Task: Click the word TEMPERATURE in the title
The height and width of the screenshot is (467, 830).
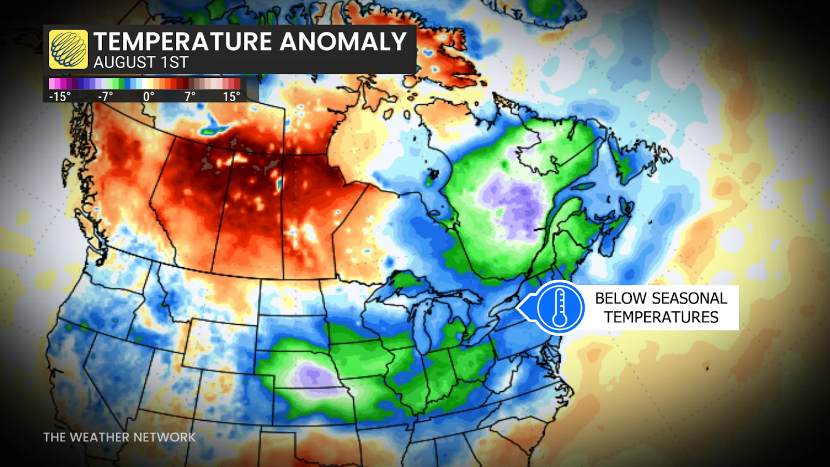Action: [183, 42]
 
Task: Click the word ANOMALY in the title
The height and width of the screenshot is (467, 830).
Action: [343, 42]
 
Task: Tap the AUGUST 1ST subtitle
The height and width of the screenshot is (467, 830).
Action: [141, 63]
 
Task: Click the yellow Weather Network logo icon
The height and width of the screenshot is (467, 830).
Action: [68, 49]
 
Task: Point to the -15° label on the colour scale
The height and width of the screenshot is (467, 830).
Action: [60, 97]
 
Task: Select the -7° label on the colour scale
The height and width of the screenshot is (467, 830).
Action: [105, 97]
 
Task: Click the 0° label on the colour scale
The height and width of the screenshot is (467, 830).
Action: [148, 97]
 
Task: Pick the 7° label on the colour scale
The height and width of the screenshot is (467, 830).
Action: [190, 97]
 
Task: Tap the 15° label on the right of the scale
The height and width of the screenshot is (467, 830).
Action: [231, 97]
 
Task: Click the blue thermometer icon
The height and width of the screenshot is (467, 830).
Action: [560, 307]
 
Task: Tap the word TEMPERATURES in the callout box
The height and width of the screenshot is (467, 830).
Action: [661, 317]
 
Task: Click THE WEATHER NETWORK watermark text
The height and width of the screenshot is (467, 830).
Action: [119, 437]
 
